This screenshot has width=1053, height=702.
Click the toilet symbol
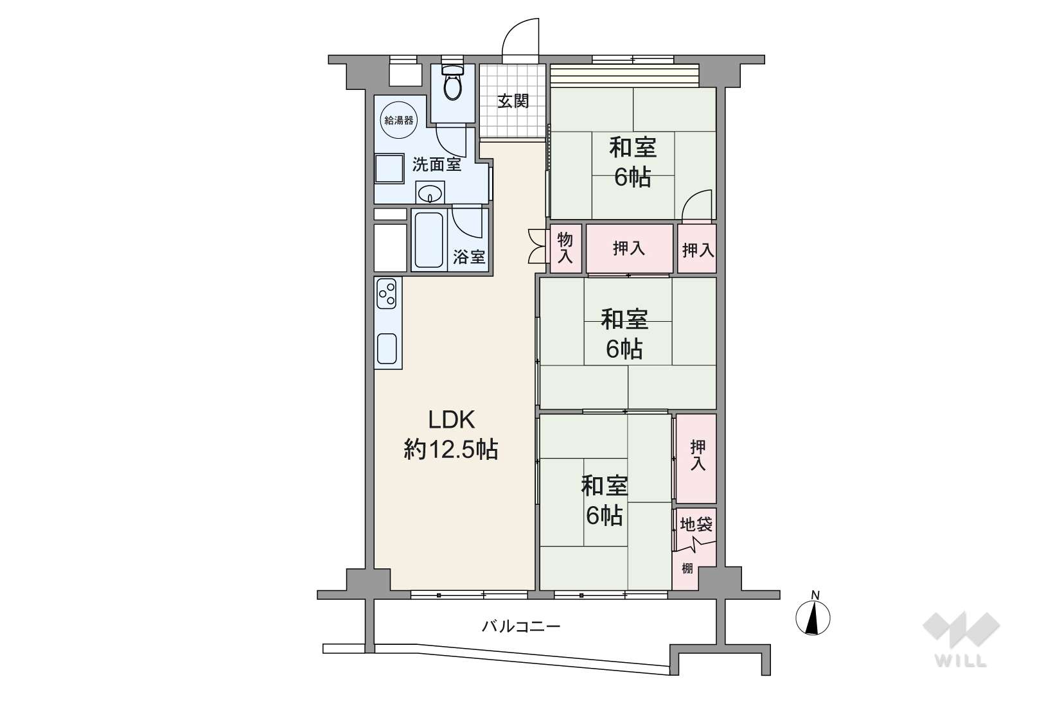point(453,82)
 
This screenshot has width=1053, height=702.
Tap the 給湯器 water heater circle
point(398,120)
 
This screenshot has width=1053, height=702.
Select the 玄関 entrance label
point(513,101)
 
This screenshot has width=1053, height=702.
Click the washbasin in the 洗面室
point(430,193)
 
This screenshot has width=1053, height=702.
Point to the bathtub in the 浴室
point(429,240)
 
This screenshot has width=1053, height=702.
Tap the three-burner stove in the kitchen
point(387,294)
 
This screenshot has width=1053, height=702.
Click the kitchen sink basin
point(387,349)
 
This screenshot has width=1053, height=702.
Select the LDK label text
point(452,419)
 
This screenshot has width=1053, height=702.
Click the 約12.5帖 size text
point(451,450)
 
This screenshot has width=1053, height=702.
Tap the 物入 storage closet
point(565,248)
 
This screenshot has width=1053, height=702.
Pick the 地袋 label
point(696,524)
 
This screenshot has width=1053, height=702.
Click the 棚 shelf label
point(687,568)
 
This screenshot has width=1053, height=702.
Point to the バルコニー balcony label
point(521,626)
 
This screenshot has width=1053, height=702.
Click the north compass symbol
point(813,617)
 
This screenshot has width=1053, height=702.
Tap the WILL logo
point(960,639)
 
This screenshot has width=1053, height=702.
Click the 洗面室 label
point(437,164)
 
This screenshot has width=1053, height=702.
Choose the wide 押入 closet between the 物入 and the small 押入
point(629,248)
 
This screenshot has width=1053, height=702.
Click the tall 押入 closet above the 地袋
point(696,458)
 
